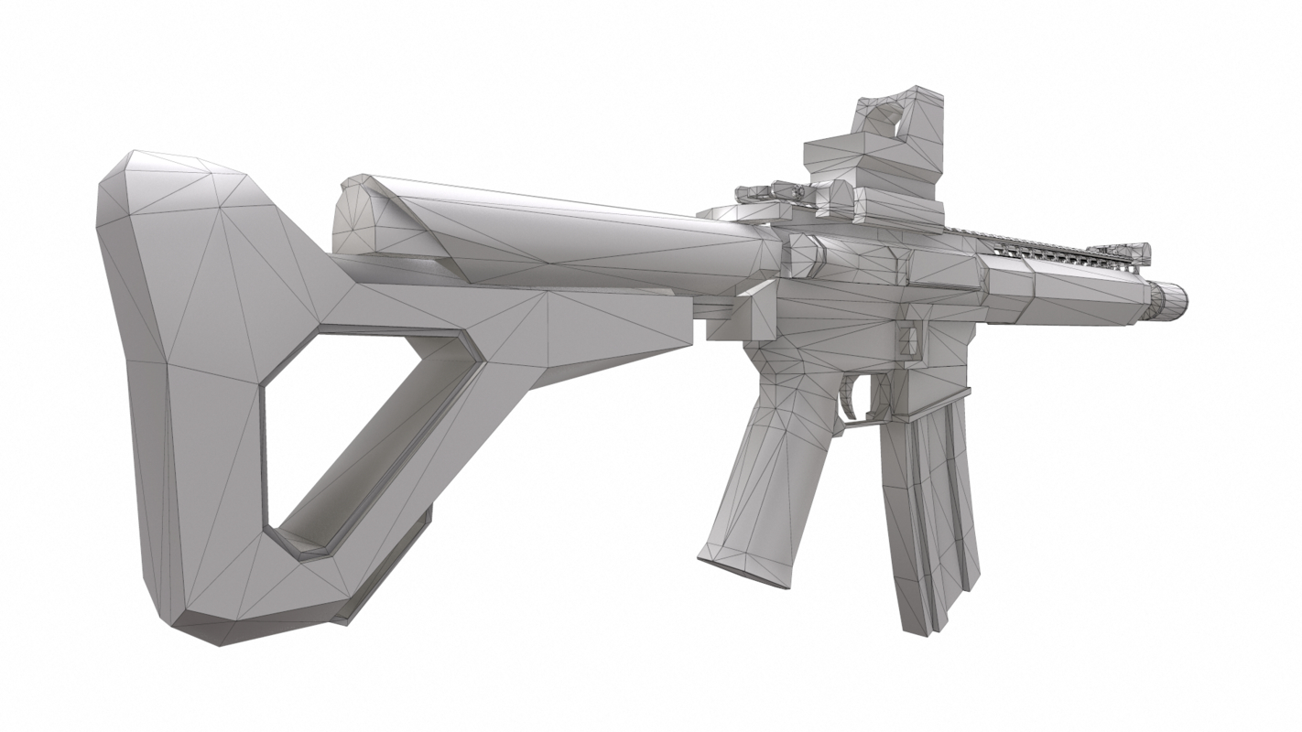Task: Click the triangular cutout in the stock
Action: coord(366,430)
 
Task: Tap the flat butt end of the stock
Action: coord(137,384)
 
